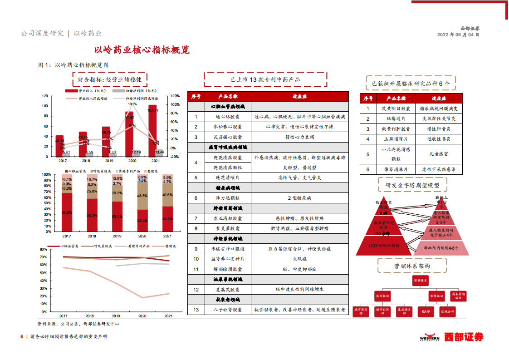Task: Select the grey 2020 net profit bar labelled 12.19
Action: [x=136, y=154]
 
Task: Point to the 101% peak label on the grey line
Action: [x=132, y=104]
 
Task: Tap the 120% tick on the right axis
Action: [x=174, y=96]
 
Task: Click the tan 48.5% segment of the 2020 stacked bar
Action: [x=142, y=196]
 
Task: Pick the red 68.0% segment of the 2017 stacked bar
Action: [x=67, y=212]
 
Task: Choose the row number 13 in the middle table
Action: [x=196, y=310]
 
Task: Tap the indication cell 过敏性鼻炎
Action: [x=437, y=139]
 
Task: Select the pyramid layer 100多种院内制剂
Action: [x=384, y=246]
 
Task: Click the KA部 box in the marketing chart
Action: [x=426, y=311]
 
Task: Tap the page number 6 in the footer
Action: [x=21, y=337]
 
